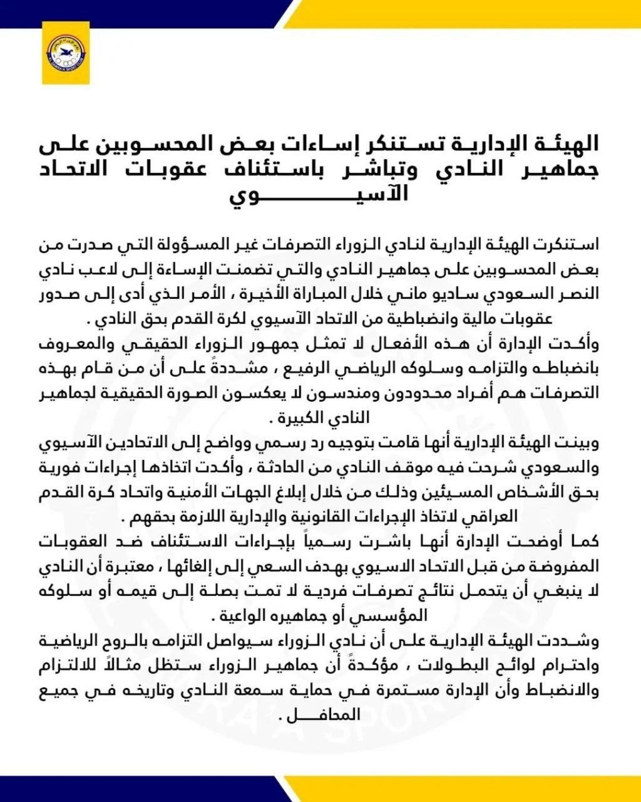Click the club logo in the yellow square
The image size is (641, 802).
click(x=66, y=53)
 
